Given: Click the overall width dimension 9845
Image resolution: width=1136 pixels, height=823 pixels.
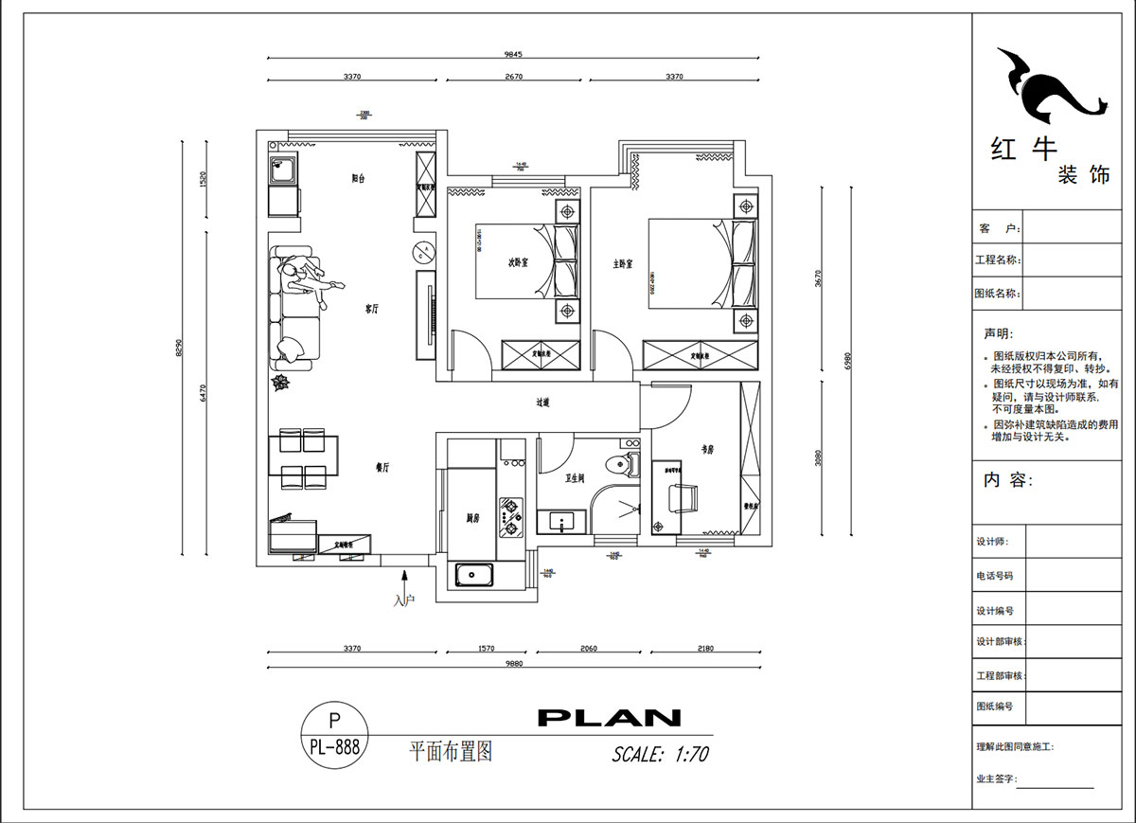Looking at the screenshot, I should coord(512,54).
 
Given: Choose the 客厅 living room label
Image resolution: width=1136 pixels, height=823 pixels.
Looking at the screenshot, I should coord(372,309).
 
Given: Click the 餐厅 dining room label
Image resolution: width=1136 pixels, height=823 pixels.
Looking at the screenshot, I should coord(383,467).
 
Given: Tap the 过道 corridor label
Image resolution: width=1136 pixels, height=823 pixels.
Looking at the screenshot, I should coord(542,403).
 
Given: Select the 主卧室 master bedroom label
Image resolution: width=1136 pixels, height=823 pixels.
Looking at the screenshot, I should coord(622,263).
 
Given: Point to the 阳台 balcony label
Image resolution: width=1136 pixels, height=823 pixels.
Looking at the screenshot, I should coord(359,177).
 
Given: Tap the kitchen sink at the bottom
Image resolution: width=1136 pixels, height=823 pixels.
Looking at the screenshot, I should coord(472,574).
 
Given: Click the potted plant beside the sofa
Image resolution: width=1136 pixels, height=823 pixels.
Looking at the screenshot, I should coord(281,382).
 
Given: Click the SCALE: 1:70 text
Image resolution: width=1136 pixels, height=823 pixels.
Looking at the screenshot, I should coord(660,755).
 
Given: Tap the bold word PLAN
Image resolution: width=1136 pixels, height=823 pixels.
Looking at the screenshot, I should coord(609,718).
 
